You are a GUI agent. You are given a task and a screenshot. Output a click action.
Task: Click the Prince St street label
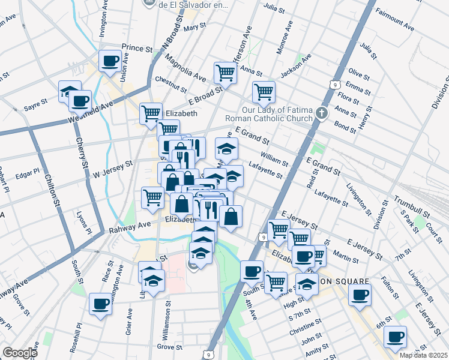coord(137,47)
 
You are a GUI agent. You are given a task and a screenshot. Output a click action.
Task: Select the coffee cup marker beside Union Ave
coord(110,61)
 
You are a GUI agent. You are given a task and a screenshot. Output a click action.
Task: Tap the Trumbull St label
coord(411,206)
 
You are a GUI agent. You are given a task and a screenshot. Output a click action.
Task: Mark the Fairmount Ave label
coord(394,19)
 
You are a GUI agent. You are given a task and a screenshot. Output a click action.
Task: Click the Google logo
coord(20,353)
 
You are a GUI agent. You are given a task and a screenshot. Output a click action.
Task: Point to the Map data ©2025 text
coord(423,355)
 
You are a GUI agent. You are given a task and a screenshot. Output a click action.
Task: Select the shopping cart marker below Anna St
coord(263,92)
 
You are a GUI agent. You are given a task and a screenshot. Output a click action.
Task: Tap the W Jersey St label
coord(112,169)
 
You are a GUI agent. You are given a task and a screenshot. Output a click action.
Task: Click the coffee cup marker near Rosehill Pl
coord(100,303)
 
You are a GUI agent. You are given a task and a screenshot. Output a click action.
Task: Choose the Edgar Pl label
coord(28,171)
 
